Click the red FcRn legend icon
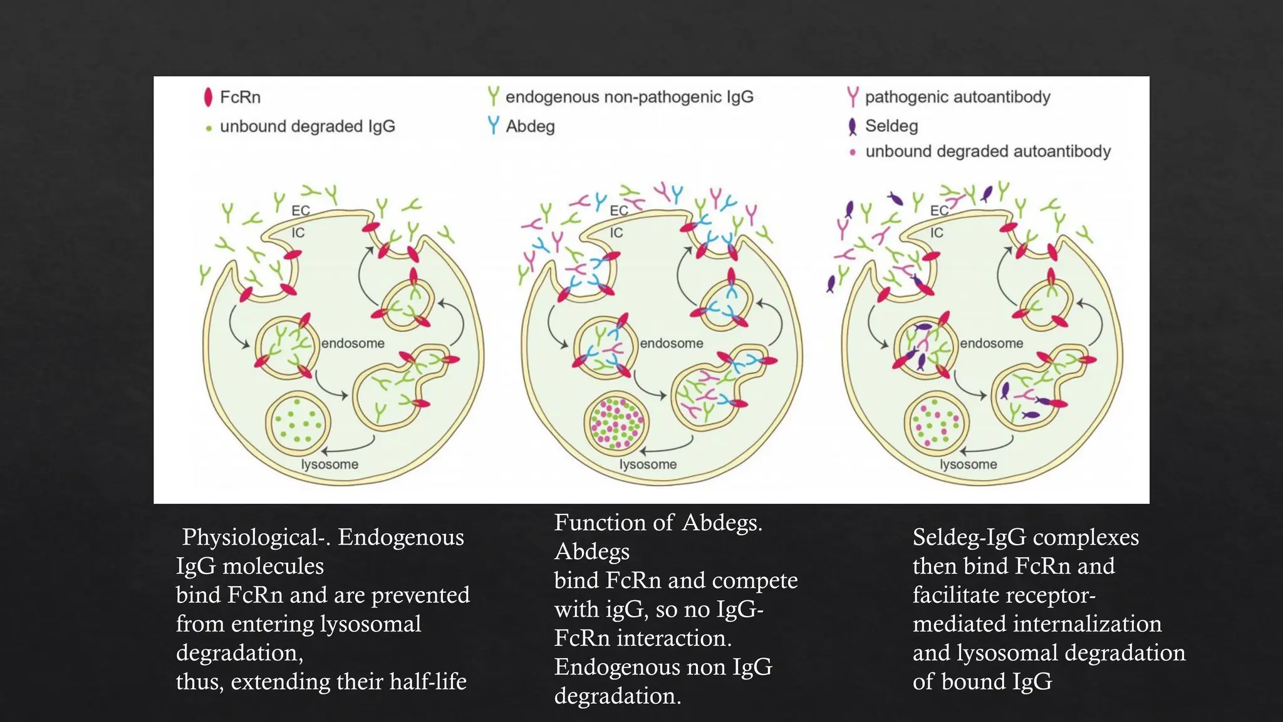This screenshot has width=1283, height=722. [x=208, y=97]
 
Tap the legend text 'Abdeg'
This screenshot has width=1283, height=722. [x=530, y=127]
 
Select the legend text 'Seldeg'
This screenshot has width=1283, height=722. [x=891, y=126]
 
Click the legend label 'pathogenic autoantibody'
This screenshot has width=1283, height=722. [x=957, y=97]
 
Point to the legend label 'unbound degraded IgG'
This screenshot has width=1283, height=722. [x=307, y=127]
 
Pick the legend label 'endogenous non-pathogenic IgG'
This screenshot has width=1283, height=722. [x=629, y=97]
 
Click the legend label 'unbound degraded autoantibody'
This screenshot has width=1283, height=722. [x=988, y=152]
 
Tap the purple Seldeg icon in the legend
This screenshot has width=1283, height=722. [x=852, y=127]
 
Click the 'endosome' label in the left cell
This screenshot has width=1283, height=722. [x=353, y=343]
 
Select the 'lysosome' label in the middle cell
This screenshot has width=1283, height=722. [x=648, y=464]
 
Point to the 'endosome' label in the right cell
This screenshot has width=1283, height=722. [x=991, y=343]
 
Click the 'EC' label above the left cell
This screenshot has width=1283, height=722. [x=301, y=211]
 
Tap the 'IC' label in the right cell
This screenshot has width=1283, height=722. [x=937, y=233]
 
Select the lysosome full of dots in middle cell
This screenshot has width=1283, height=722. [x=616, y=423]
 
